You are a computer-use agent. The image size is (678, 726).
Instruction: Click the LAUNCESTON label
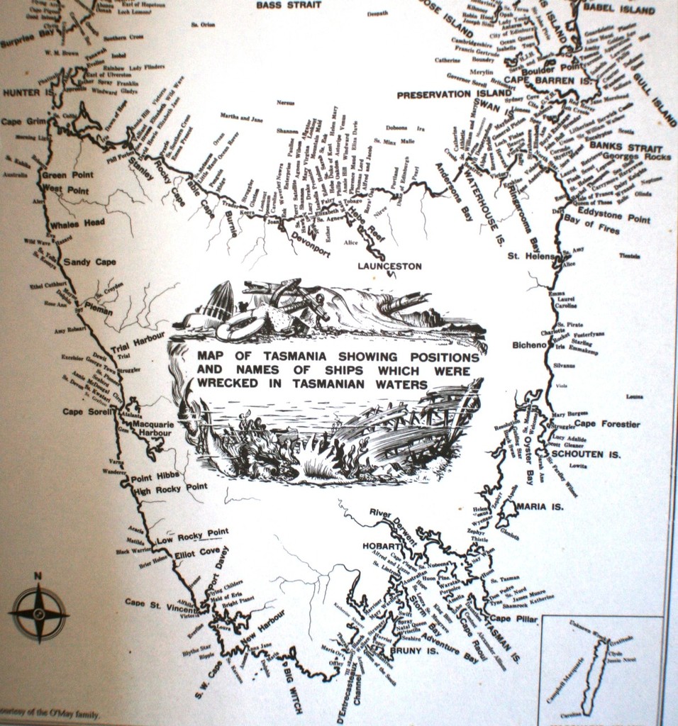(x=389, y=267)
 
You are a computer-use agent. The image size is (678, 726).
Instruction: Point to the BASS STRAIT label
(x=289, y=5)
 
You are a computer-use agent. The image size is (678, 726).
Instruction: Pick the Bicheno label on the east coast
(x=529, y=345)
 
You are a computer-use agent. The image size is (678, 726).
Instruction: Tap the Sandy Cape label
(x=89, y=262)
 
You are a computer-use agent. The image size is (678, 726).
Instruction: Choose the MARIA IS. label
(x=540, y=507)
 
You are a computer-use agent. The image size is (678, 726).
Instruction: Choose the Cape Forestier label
(x=606, y=424)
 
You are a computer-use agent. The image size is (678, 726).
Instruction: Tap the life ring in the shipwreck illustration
(x=238, y=328)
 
